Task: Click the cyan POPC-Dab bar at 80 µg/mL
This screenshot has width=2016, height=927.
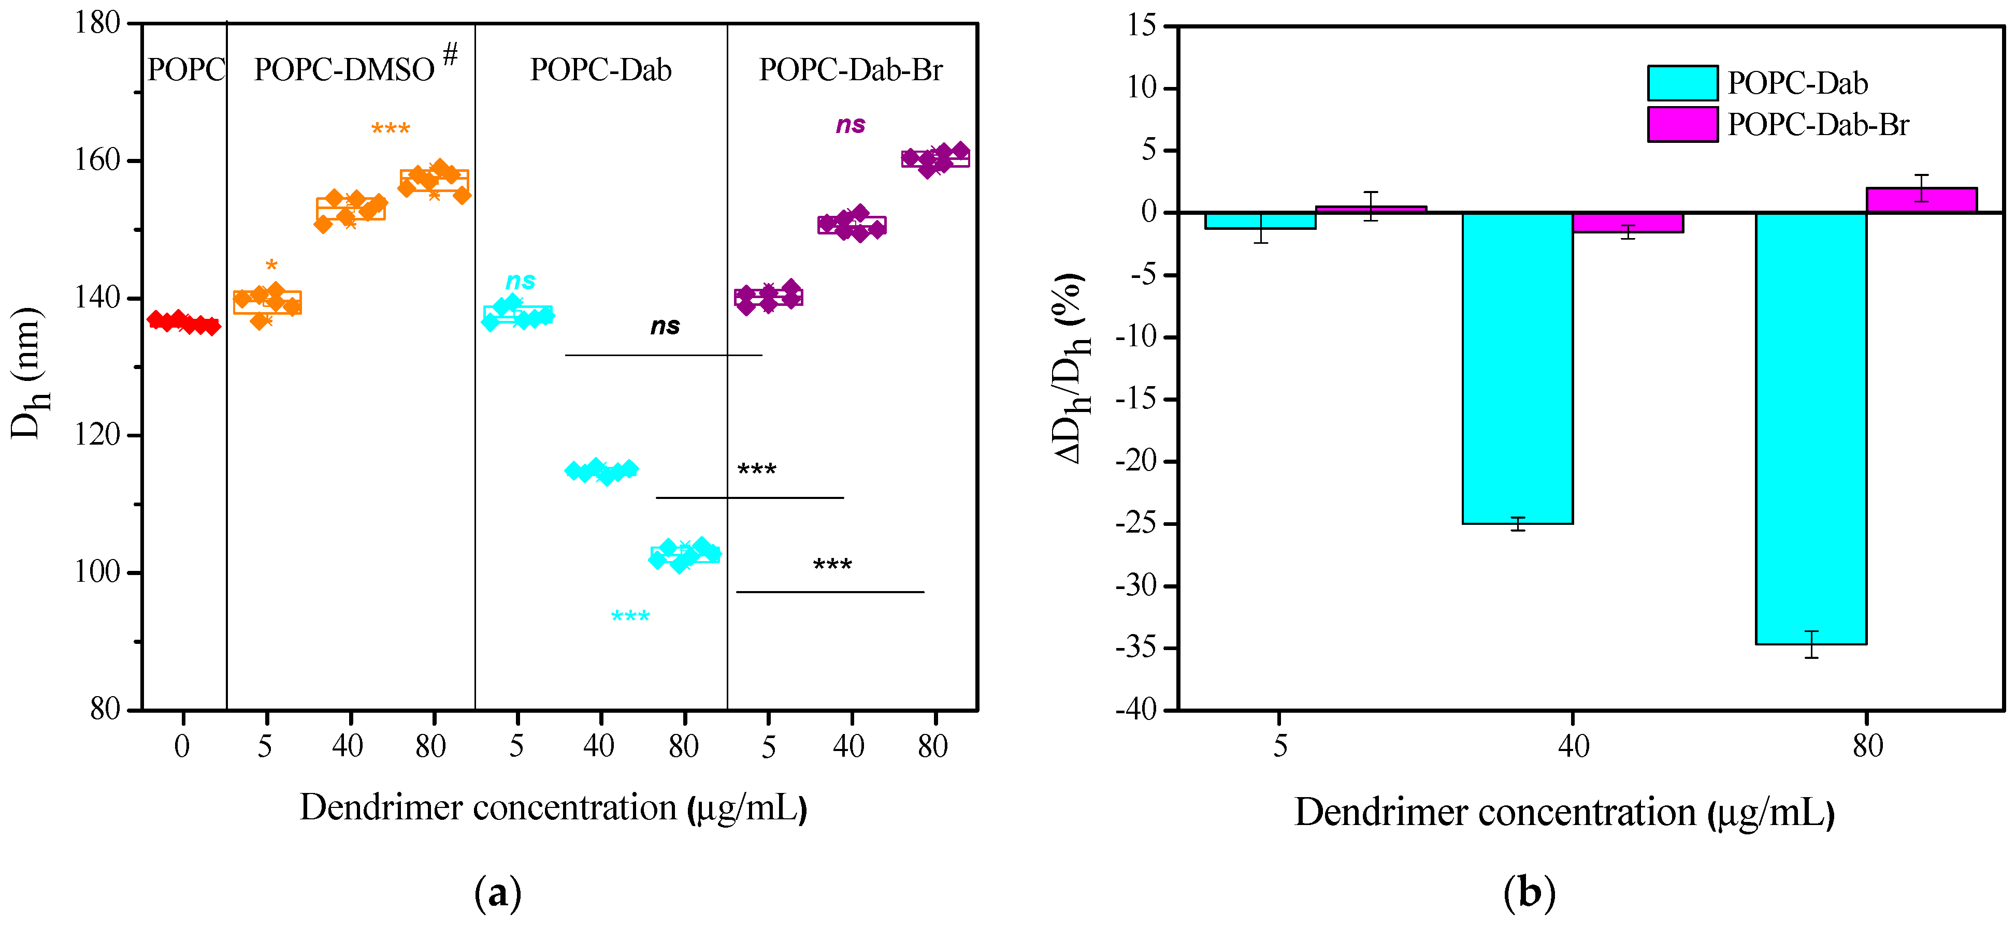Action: pyautogui.click(x=1810, y=428)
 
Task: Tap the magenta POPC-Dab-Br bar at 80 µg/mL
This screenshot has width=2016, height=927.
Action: pyautogui.click(x=1921, y=200)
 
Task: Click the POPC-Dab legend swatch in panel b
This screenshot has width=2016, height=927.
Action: pyautogui.click(x=1682, y=83)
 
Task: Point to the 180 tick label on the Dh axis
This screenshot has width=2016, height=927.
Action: pyautogui.click(x=97, y=23)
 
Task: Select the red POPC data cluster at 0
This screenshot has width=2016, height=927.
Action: pyautogui.click(x=183, y=322)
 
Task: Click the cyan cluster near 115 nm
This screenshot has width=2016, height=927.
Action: pyautogui.click(x=601, y=471)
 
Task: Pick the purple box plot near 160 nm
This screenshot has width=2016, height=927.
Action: pyautogui.click(x=935, y=159)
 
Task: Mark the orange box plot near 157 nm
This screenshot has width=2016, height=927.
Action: pyautogui.click(x=435, y=182)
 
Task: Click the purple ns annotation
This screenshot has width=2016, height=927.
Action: pyautogui.click(x=851, y=125)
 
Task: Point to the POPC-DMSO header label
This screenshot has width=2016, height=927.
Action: pyautogui.click(x=344, y=70)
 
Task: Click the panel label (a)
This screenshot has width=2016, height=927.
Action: pyautogui.click(x=498, y=892)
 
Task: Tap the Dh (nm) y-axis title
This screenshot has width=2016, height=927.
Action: pyautogui.click(x=29, y=373)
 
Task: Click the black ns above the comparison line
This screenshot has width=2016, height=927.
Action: pyautogui.click(x=665, y=326)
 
